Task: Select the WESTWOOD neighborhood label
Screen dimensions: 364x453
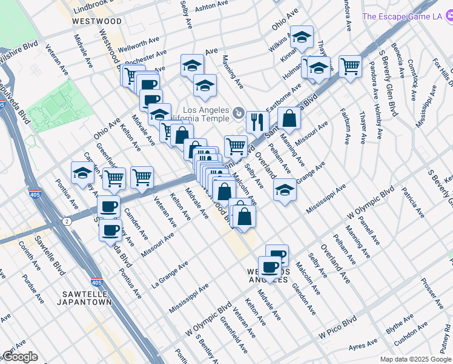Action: [x=96, y=21]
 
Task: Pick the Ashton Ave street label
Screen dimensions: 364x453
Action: [x=213, y=4]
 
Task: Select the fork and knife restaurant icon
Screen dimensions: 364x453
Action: [x=258, y=121]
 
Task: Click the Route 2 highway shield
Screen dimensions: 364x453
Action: [x=67, y=221]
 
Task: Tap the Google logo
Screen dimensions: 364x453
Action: [x=19, y=357]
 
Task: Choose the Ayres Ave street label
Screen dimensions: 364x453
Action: [x=362, y=346]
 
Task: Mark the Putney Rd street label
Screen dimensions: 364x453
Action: [x=447, y=343]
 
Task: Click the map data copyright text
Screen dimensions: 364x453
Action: [x=415, y=359]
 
